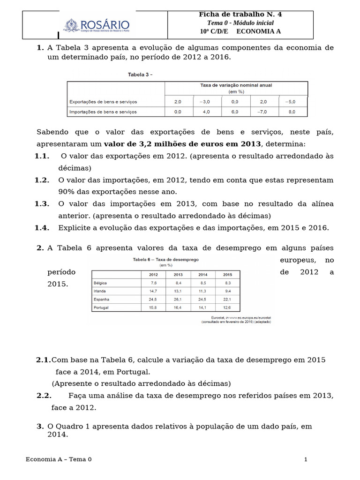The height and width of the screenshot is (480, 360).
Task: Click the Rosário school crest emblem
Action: point(72,25)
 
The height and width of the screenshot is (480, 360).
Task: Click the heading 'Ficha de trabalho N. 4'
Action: point(240,15)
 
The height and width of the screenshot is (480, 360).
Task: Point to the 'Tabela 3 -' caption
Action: point(140,74)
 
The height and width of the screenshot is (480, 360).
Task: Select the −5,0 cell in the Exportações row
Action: point(292,101)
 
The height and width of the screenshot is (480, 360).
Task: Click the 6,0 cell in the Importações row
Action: point(234,112)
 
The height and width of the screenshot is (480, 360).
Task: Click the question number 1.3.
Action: point(42,204)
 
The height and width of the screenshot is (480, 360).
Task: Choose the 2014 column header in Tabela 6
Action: point(202,275)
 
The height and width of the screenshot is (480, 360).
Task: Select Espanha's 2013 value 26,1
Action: point(178,299)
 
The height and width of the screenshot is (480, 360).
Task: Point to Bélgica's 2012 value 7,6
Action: point(153,283)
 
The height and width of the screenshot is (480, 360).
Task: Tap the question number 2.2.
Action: point(44,396)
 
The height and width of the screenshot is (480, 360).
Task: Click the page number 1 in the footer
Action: point(306,459)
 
